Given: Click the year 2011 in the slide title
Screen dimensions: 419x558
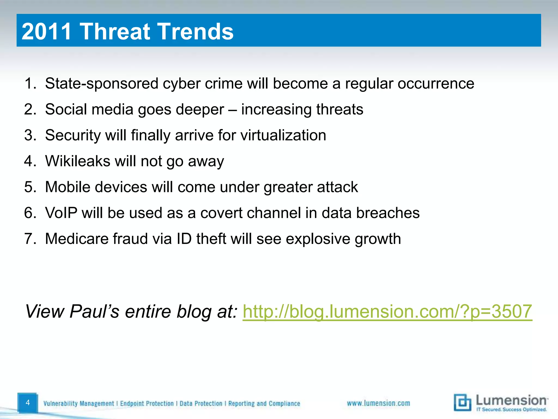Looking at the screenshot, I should tap(46, 31).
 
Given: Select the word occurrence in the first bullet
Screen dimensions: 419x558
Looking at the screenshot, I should tap(436, 83).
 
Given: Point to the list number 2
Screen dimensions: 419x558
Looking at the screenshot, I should tap(29, 109).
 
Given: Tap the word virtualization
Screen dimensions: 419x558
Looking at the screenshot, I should tap(283, 135).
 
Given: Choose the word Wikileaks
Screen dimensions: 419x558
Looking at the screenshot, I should tap(77, 161).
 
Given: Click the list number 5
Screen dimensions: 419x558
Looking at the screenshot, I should tap(29, 187).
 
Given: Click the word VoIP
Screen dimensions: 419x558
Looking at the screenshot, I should tap(61, 213).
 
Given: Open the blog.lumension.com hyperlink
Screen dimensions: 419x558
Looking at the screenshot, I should tap(387, 312).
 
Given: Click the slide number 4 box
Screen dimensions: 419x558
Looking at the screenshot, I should tap(28, 403).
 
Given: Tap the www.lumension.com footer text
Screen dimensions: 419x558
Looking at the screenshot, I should tap(378, 403).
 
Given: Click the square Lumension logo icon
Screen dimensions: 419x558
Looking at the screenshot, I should tap(462, 402).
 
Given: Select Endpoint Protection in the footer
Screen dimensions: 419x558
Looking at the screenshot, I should tap(147, 403).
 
